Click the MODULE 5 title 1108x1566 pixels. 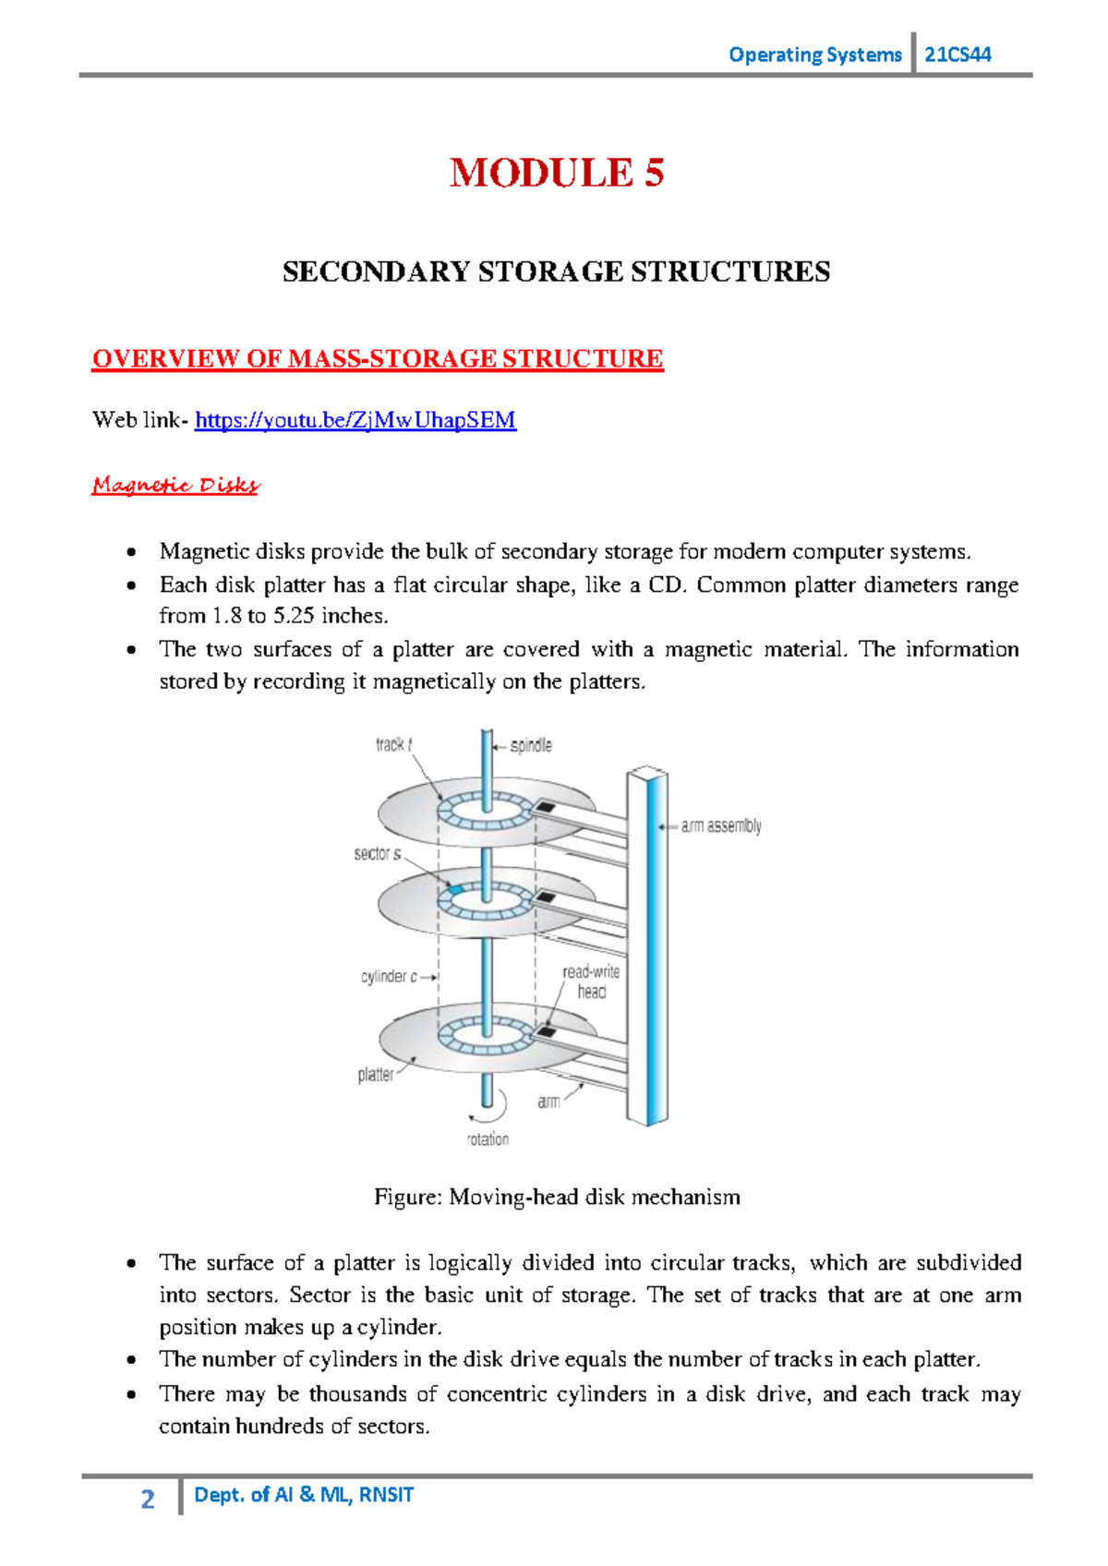coord(557,174)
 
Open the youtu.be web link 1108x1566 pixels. coord(355,421)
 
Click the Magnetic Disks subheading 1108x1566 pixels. coord(175,486)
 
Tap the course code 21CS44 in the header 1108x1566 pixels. coord(957,54)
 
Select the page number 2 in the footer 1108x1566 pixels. coord(148,1499)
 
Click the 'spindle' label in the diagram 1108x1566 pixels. coord(531,745)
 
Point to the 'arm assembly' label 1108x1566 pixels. coord(720,826)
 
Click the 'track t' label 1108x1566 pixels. coord(393,744)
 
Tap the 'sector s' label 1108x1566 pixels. coord(378,854)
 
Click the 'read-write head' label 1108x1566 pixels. coord(591,982)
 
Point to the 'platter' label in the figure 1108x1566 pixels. coord(375,1075)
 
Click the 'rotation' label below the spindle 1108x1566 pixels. coord(488,1139)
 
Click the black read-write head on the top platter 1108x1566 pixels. coord(546,808)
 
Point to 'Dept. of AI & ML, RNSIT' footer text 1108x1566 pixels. coord(304,1495)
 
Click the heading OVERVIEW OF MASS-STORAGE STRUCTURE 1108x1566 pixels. coord(377,359)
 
